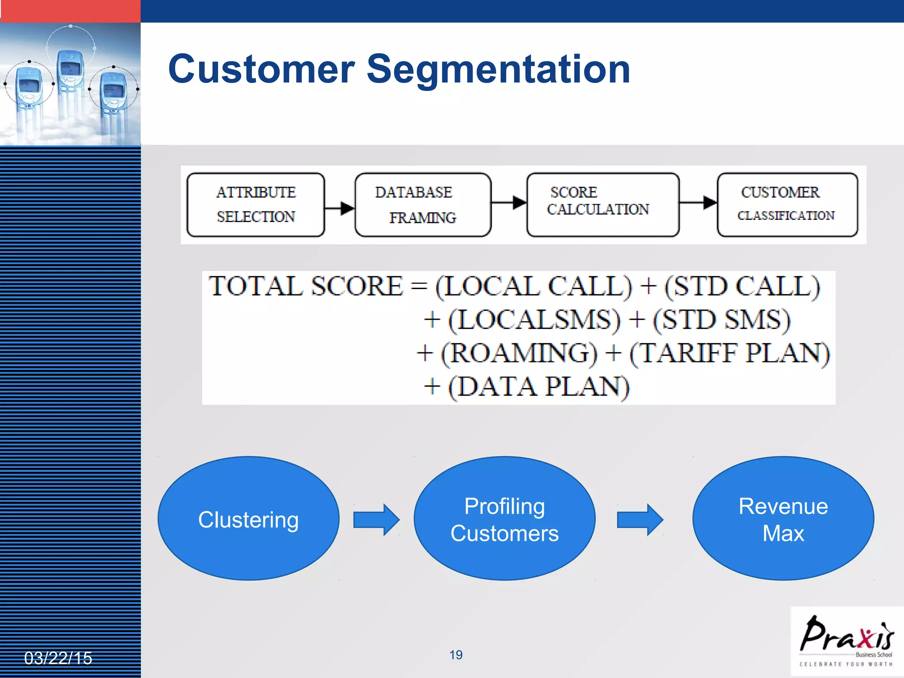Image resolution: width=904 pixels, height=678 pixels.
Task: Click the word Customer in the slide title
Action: point(261,69)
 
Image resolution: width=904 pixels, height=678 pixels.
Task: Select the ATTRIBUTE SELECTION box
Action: point(256,204)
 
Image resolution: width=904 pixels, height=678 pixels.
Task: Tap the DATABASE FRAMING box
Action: point(422,204)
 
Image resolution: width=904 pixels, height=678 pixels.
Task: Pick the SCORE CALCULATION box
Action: point(603,204)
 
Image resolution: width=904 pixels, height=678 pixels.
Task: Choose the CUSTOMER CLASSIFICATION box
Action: point(787,204)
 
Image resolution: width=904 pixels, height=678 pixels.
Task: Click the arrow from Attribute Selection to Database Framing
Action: point(340,207)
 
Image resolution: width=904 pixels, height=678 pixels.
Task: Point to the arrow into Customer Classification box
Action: point(698,203)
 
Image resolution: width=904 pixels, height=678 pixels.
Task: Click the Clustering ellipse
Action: point(249,518)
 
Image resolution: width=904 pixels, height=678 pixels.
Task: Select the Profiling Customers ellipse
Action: point(505,518)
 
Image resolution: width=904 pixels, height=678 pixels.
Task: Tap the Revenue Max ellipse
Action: point(783,518)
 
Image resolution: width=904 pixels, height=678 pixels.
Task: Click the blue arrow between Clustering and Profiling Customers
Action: point(377,520)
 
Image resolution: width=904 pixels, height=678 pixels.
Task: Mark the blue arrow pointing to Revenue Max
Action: point(640,520)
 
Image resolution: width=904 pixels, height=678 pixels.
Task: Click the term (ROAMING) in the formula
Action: point(519,353)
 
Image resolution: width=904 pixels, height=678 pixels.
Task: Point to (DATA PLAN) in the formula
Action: point(539,387)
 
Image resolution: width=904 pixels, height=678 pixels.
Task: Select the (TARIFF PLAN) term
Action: point(729,353)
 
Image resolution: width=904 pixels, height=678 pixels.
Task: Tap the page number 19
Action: point(456,655)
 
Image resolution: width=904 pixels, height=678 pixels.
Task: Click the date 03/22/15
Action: point(58,658)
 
